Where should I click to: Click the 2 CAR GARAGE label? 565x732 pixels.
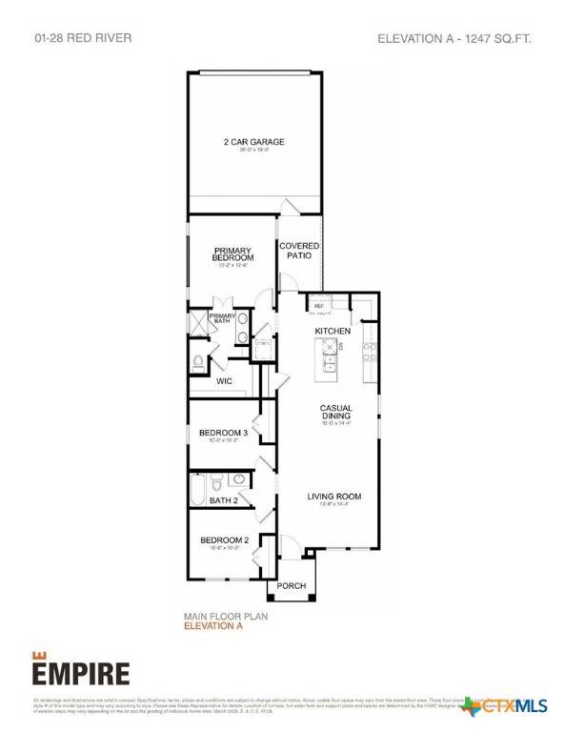[253, 142]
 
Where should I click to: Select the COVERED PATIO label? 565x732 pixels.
[299, 251]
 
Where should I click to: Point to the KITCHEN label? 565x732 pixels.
[333, 330]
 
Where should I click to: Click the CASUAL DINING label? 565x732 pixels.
[335, 412]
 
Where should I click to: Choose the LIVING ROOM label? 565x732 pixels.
[333, 497]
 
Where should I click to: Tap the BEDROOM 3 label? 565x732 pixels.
[224, 434]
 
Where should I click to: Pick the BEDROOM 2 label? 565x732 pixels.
[224, 540]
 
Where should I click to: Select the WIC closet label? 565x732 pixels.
[225, 380]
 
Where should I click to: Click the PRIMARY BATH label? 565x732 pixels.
[222, 318]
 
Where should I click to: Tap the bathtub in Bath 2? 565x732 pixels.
[196, 489]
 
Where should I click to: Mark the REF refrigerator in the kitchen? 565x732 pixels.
[319, 306]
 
